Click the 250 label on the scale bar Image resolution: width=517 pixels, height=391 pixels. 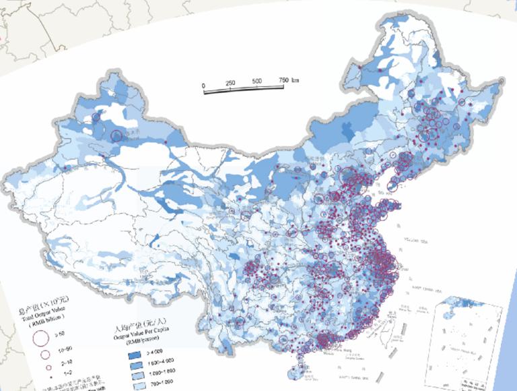pyautogui.click(x=230, y=82)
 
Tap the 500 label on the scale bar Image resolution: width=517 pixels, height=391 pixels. pyautogui.click(x=257, y=82)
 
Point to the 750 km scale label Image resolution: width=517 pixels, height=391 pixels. pyautogui.click(x=288, y=81)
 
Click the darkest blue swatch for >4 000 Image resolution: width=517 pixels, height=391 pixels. pyautogui.click(x=132, y=352)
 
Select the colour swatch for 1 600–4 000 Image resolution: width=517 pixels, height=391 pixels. pyautogui.click(x=132, y=363)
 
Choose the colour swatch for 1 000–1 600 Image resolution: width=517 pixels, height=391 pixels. pyautogui.click(x=132, y=373)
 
